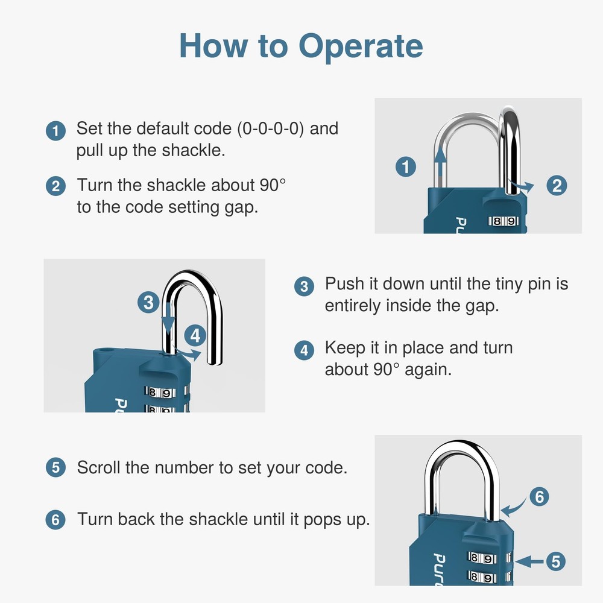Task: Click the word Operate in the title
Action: [x=361, y=47]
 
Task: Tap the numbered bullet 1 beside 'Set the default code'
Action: [x=55, y=131]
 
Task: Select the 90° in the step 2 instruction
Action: [x=272, y=185]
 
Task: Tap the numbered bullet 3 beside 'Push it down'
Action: [x=304, y=286]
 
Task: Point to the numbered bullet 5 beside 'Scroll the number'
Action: [x=55, y=467]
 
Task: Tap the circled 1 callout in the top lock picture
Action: [x=407, y=166]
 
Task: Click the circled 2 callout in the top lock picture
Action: [x=556, y=185]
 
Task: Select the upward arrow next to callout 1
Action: [x=441, y=166]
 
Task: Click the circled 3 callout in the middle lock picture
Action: [x=148, y=301]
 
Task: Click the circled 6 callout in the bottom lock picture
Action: [x=539, y=497]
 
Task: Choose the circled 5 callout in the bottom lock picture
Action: [x=555, y=562]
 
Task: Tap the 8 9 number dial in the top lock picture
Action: [x=504, y=221]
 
